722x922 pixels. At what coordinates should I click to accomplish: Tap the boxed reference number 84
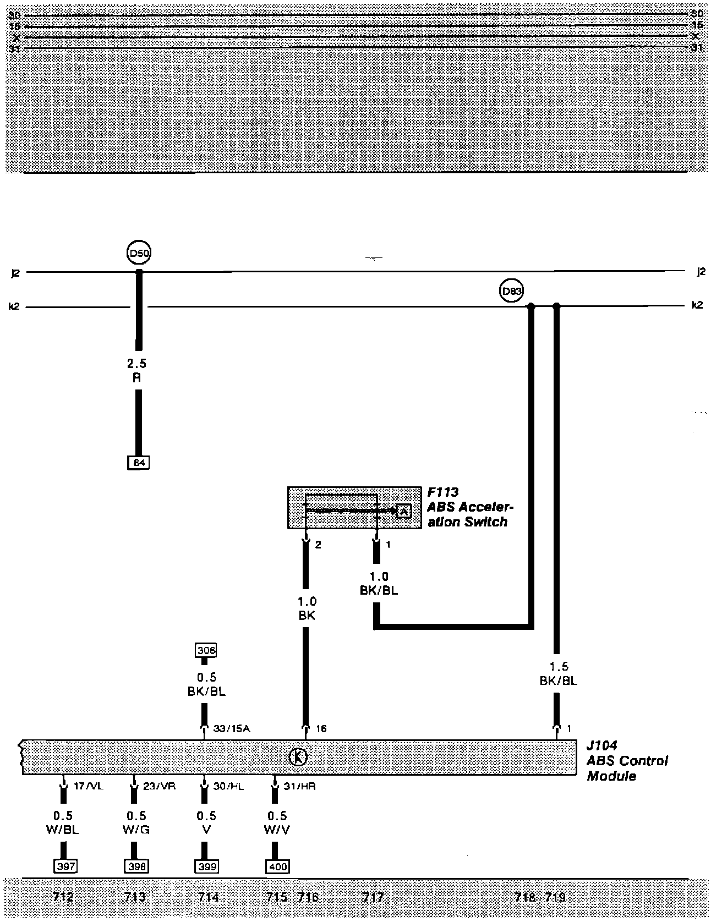point(139,463)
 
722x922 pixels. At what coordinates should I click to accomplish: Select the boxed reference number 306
point(206,650)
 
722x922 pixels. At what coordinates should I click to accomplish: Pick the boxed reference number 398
point(136,866)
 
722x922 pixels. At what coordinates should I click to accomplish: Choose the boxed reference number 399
point(206,866)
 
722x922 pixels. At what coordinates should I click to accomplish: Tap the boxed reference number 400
point(277,866)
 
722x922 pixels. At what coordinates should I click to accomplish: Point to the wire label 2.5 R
point(137,371)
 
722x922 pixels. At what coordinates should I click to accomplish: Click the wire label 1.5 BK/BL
point(558,674)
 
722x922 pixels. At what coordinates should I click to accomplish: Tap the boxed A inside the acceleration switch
point(403,511)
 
